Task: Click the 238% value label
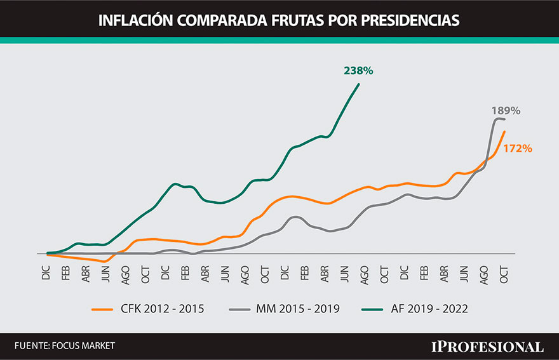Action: tap(358, 71)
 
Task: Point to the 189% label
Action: tap(506, 110)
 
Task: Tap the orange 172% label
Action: tap(518, 149)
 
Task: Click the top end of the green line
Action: tap(359, 84)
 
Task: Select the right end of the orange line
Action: tap(504, 132)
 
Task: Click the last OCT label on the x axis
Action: tap(504, 273)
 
